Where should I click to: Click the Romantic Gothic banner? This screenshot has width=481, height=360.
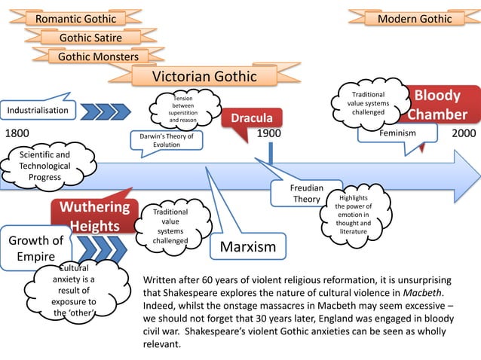76,18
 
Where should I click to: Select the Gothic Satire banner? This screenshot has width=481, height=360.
90,38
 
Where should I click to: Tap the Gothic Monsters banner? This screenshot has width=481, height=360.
98,56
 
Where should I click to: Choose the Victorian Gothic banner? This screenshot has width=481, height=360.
204,77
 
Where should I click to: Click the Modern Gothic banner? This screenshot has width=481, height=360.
415,18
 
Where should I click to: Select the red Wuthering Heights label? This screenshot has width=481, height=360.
94,216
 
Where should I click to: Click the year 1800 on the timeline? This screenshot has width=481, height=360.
17,133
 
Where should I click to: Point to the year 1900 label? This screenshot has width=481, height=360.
268,133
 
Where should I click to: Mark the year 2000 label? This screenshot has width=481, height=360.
463,133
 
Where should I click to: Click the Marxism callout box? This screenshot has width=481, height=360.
247,247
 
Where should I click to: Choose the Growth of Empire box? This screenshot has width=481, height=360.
35,249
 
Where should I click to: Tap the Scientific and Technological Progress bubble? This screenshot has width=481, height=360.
45,166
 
